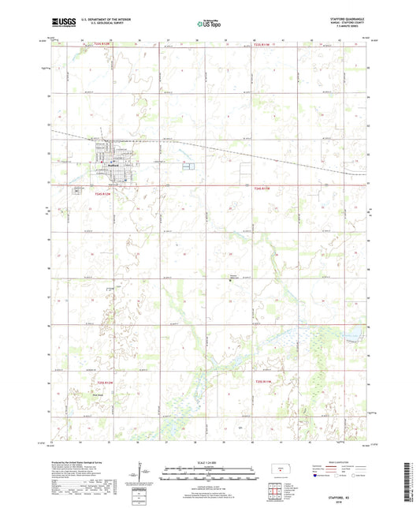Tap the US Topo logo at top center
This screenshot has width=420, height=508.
click(209, 24)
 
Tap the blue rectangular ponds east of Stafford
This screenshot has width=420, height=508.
click(187, 165)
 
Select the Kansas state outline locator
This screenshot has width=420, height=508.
click(277, 471)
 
